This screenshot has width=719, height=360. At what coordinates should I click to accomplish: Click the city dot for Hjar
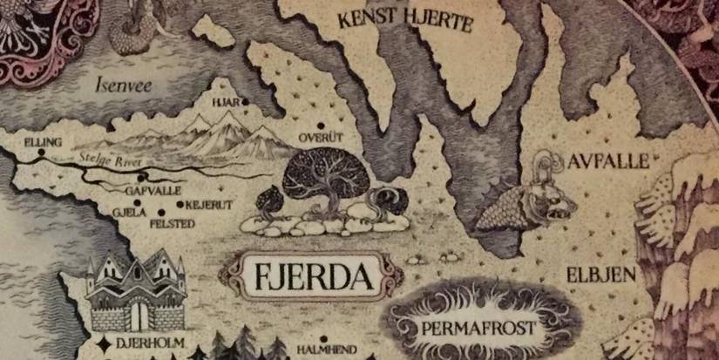pyautogui.click(x=246, y=102)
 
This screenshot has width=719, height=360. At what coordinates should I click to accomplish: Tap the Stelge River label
pyautogui.click(x=108, y=160)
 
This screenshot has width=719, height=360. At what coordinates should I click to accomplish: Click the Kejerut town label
pyautogui.click(x=206, y=206)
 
